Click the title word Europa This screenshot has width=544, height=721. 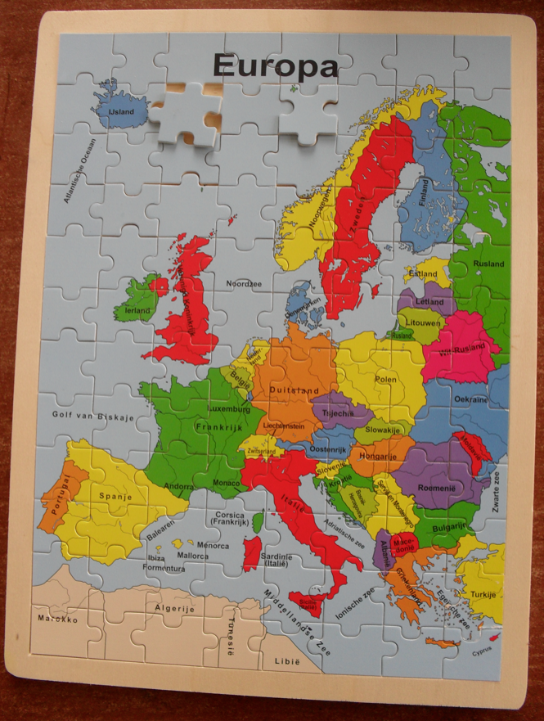coord(275,65)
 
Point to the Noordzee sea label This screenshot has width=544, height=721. coord(244,283)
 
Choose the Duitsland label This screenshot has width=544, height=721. coord(294,390)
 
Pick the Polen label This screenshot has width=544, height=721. coord(385,379)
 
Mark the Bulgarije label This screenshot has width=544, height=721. coord(449,527)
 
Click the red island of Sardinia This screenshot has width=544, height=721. coord(252,554)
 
